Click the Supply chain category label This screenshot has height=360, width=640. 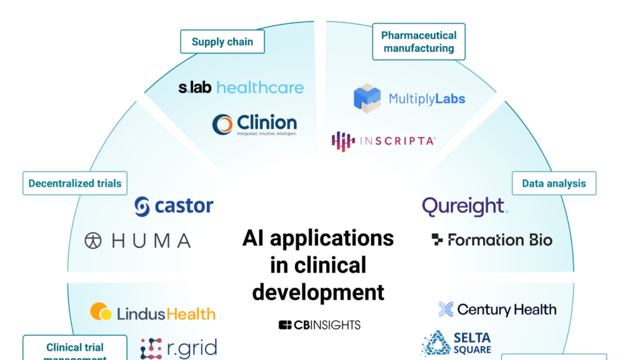tap(222, 42)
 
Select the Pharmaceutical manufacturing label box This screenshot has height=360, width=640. tap(419, 42)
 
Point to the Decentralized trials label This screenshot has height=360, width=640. tap(75, 184)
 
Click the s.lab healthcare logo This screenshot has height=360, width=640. tap(241, 87)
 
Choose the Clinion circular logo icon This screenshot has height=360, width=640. tap(222, 124)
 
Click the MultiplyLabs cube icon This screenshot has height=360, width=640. tap(367, 98)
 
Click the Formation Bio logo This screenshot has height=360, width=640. tap(492, 240)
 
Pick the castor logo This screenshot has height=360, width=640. tap(174, 206)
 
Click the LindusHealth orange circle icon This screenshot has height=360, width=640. tap(101, 312)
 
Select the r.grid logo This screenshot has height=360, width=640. tap(179, 348)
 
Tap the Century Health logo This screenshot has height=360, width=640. tap(497, 309)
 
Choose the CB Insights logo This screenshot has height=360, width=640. tap(319, 325)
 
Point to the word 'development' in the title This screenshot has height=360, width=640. tap(319, 291)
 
